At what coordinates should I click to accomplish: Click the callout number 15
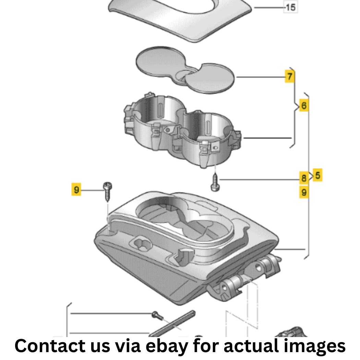click(291, 7)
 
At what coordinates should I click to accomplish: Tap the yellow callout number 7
click(289, 76)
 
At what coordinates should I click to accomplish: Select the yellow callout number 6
click(304, 105)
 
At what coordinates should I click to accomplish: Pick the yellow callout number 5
click(318, 175)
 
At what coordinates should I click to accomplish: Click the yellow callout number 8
click(304, 178)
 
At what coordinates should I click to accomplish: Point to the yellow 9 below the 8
click(304, 192)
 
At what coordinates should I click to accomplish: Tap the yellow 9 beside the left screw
click(76, 189)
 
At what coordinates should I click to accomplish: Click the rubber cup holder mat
click(185, 70)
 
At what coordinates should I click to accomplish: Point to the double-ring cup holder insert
click(182, 130)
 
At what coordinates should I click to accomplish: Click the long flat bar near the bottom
click(172, 324)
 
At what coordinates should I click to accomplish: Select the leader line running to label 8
click(259, 179)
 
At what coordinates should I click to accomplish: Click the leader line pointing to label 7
click(261, 77)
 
